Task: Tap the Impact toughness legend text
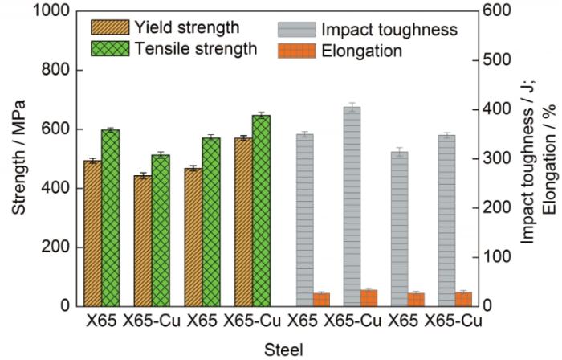[x=389, y=30]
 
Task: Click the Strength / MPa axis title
[x=18, y=157]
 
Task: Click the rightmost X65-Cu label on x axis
[x=453, y=321]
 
